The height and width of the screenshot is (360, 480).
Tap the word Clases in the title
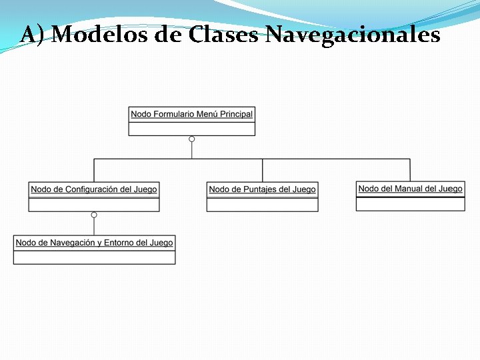point(223,34)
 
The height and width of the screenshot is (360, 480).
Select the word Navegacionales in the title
point(353,34)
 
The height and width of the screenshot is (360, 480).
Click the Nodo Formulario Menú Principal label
point(192,114)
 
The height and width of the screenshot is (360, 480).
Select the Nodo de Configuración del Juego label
point(94,189)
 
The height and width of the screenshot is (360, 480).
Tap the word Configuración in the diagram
point(89,189)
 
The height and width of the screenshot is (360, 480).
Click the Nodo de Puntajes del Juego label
point(262,189)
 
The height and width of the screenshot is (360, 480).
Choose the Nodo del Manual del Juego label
point(410,189)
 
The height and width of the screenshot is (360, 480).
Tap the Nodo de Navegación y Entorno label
point(94,243)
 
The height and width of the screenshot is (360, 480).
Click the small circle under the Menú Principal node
point(192,139)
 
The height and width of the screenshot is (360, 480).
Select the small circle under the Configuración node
point(94,215)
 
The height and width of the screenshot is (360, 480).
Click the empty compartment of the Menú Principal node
point(192,128)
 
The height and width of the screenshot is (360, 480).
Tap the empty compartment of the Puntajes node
point(262,204)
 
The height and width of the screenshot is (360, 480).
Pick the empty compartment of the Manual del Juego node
point(410,203)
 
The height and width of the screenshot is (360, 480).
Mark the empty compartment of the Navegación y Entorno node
point(94,257)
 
